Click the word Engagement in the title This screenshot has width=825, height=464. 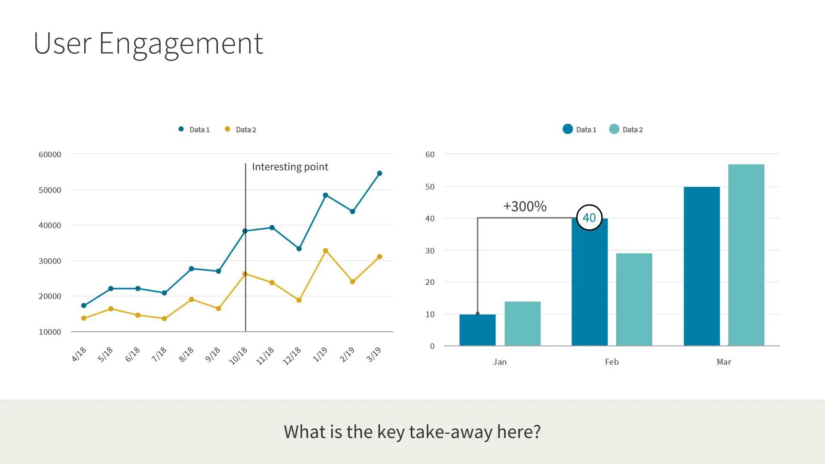pos(180,44)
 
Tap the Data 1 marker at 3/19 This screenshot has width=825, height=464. pos(379,174)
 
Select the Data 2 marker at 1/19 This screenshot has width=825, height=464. pos(325,251)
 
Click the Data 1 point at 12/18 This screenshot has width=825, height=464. pos(299,249)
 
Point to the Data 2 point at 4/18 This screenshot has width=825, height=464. pos(84,318)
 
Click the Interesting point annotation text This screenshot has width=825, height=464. pos(290,167)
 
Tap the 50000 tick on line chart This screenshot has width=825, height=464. pos(50,190)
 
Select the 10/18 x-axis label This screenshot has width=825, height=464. pos(238,356)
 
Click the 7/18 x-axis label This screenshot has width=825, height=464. pos(159,354)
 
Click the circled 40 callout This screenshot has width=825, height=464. pos(589,218)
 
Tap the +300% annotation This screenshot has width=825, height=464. pos(525,207)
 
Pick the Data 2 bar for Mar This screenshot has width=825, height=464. pos(746,255)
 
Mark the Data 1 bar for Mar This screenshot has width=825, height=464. pos(702,266)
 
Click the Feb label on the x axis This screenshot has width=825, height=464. pos(612,362)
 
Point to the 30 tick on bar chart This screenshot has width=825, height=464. pos(430,250)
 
